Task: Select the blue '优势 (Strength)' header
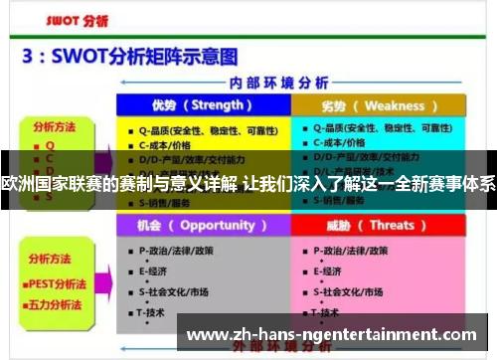pos(200,104)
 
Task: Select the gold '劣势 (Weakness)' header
pos(376,105)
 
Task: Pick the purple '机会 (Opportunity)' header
pos(200,225)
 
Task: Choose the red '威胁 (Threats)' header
pos(376,225)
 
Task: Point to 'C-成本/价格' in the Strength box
pos(165,143)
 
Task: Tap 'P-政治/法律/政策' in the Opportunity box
pos(175,251)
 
